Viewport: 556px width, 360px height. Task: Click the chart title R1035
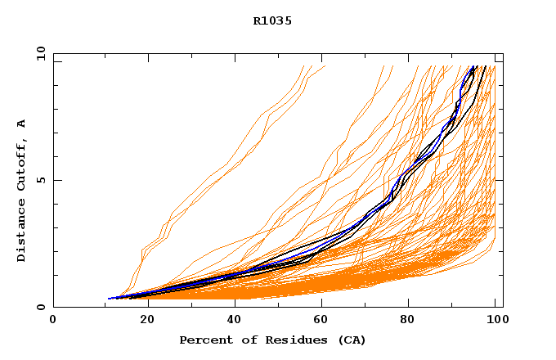[273, 20]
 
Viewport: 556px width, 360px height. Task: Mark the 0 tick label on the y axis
[41, 307]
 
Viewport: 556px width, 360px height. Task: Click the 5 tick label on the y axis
[41, 180]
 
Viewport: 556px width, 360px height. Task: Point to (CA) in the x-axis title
[352, 340]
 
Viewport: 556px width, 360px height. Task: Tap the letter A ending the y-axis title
[21, 124]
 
